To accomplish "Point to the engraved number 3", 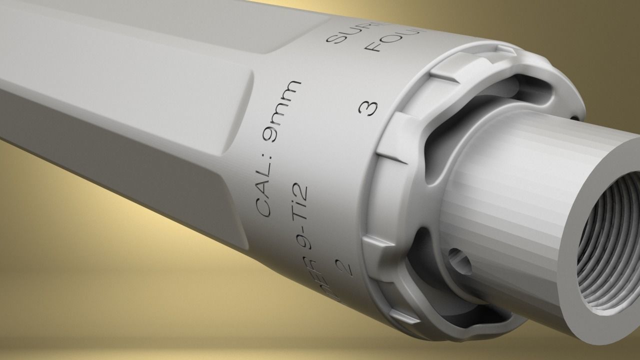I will pyautogui.click(x=370, y=107).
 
